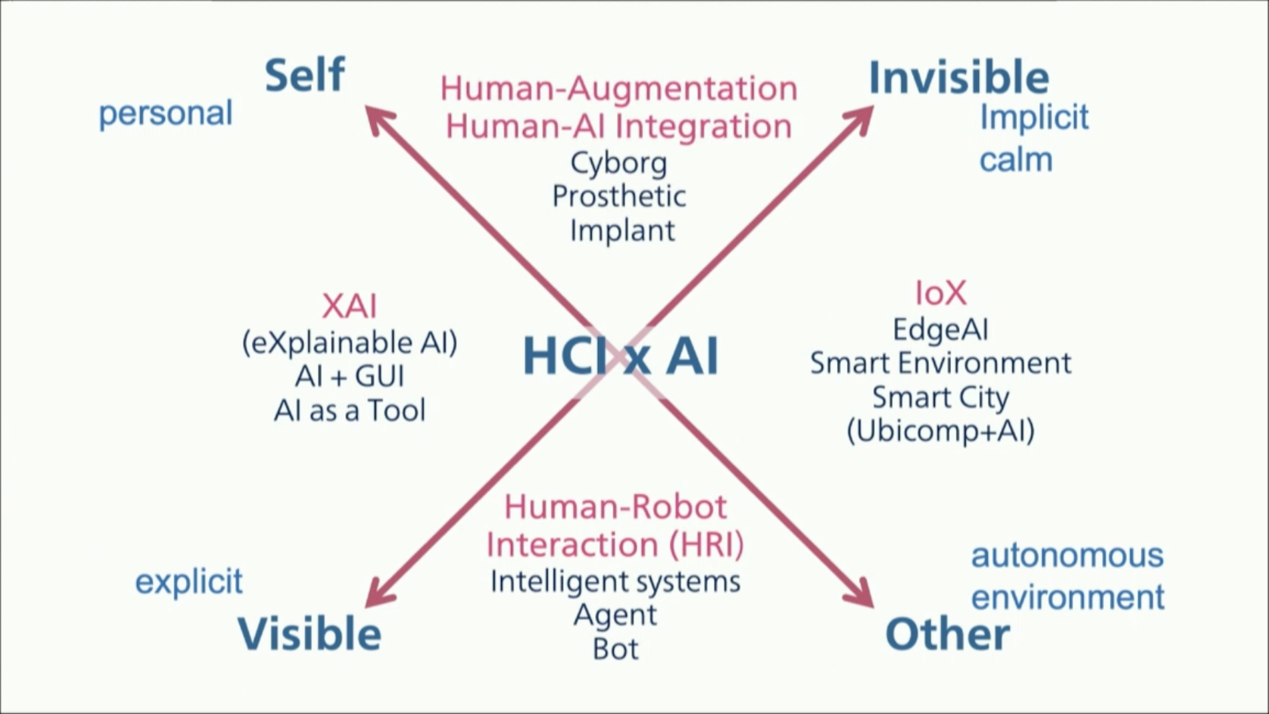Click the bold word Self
coord(305,75)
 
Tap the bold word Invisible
coord(958,77)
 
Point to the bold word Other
coord(947,634)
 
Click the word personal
coord(166,114)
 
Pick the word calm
coord(1016,160)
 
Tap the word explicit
coord(189,582)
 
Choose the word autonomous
coord(1067,556)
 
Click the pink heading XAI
coord(349,307)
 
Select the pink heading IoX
coord(940,293)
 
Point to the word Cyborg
coord(618,164)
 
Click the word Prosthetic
coord(619,196)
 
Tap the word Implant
coord(622,230)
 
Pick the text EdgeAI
coord(940,329)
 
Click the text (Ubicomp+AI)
coord(940,431)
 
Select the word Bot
coord(615,649)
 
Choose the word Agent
coord(615,615)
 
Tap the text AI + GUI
coord(349,377)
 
